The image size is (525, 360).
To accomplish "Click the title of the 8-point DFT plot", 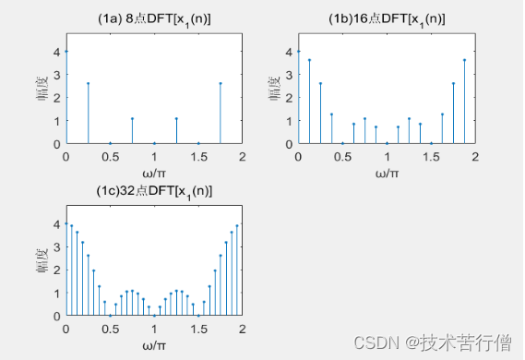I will click(154, 18).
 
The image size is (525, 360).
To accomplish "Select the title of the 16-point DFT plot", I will click(386, 18).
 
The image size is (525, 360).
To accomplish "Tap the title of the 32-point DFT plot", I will click(154, 190).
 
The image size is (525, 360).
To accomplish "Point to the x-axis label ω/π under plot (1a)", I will click(154, 174).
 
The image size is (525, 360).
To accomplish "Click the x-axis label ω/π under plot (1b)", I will click(386, 174).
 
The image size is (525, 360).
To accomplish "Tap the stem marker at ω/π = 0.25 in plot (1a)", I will click(88, 83).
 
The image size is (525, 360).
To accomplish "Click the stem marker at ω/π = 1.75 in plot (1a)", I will click(221, 83).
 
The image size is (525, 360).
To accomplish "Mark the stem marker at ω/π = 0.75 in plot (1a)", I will click(132, 118).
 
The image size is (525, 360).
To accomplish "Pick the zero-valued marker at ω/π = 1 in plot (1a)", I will click(154, 143).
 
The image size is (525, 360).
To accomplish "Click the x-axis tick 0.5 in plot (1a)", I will click(110, 156).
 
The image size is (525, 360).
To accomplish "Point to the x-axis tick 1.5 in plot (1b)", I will click(431, 156).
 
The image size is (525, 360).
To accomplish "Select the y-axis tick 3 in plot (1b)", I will click(290, 74).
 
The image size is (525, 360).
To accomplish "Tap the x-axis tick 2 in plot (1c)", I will click(243, 328).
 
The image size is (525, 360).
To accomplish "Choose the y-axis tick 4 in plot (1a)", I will click(57, 51).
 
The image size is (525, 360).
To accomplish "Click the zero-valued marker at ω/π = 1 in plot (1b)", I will click(387, 143).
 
